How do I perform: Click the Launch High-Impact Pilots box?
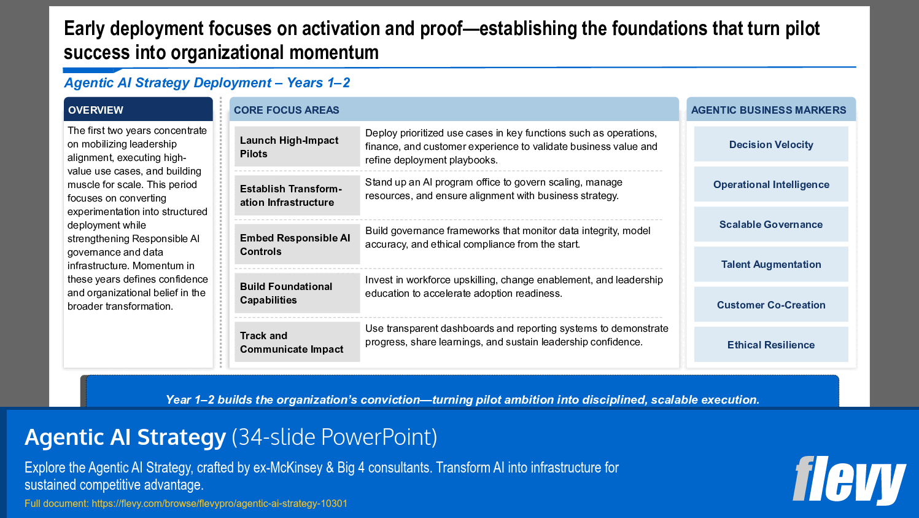(x=297, y=147)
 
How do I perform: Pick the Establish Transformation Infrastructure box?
(x=297, y=195)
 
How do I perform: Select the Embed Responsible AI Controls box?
(x=297, y=245)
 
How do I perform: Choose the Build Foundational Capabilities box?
(x=297, y=293)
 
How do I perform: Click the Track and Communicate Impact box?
(x=297, y=342)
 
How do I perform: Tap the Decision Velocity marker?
(x=771, y=144)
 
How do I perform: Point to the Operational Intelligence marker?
(x=771, y=184)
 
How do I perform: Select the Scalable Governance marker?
(x=771, y=224)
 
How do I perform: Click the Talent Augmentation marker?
(x=771, y=264)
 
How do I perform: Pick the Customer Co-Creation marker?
(x=771, y=305)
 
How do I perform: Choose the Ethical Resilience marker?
(x=771, y=345)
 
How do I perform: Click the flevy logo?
(x=848, y=480)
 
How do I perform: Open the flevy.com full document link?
(x=219, y=504)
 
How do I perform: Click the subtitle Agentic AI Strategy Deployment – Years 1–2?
(x=207, y=83)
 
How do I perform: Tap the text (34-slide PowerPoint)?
(x=335, y=437)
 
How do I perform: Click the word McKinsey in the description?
(x=297, y=468)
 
